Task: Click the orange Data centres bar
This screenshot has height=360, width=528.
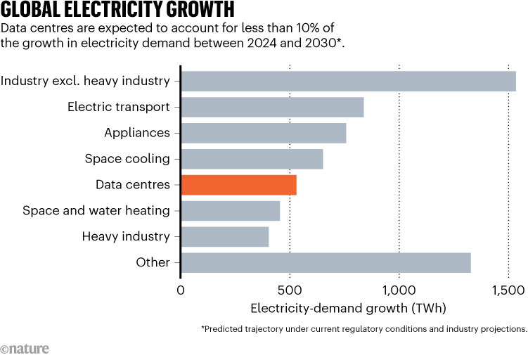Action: point(238,185)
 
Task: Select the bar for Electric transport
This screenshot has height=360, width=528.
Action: point(272,107)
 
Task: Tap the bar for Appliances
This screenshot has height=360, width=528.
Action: point(263,133)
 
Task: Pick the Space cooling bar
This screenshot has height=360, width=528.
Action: point(252,159)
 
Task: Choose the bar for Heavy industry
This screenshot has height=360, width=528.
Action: point(224,237)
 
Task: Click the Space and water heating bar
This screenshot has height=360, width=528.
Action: point(230,211)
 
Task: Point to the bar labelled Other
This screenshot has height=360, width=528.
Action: point(326,263)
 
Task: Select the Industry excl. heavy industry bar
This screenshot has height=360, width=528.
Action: point(348,81)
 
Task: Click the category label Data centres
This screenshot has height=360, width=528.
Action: point(133,185)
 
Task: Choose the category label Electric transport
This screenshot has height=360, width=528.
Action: point(119,107)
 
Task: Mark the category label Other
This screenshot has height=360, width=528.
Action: point(153,263)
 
